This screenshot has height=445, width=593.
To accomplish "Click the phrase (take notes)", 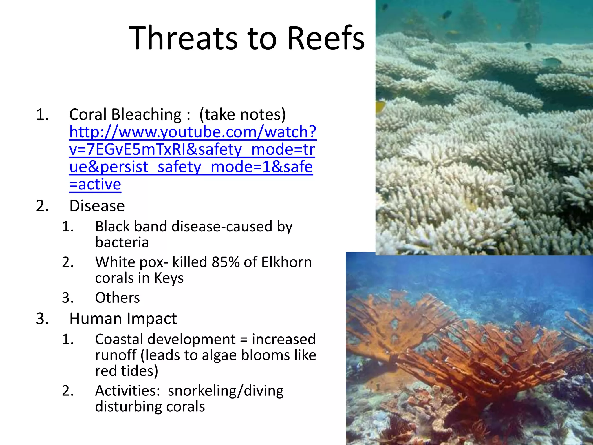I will [242, 114].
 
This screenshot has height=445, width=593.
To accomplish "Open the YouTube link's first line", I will [193, 132].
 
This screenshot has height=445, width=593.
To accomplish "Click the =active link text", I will [95, 184].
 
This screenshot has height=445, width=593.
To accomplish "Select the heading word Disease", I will [97, 206].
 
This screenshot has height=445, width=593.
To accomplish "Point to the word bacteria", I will [122, 242].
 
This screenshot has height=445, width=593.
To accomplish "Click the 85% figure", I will [226, 262].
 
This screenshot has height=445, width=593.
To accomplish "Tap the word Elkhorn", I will [286, 262].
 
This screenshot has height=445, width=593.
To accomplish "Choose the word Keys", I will [169, 278].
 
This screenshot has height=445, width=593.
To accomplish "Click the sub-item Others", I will [117, 298].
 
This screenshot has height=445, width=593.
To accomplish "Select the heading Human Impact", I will [123, 319].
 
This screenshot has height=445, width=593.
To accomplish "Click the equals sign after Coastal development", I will [244, 340].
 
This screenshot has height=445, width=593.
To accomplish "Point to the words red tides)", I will [127, 371].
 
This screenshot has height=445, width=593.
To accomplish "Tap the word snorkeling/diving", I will [226, 391].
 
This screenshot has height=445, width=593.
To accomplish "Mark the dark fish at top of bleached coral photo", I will [447, 14].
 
